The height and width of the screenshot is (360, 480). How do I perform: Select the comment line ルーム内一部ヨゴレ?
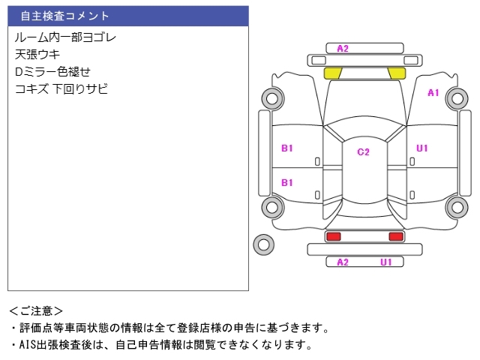point(65,37)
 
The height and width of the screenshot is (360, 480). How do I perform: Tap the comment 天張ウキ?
point(37,54)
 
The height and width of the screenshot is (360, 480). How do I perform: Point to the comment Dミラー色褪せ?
point(52,71)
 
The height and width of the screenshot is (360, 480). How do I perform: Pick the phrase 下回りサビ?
point(81,88)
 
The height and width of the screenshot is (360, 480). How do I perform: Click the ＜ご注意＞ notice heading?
point(36,310)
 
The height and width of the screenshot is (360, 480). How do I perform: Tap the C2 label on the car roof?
point(363,152)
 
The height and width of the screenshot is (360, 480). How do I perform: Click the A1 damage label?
point(433,93)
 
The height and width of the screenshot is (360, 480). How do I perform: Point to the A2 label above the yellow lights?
point(343,49)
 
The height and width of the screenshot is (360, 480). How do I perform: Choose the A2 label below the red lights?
point(343,262)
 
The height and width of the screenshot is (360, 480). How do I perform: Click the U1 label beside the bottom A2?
point(386,262)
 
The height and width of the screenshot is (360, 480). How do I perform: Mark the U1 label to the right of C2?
point(422,148)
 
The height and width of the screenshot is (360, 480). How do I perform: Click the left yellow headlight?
point(333,73)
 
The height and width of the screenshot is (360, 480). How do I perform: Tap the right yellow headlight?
point(396,73)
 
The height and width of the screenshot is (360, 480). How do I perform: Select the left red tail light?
point(333,237)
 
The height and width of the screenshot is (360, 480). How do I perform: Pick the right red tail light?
point(395,237)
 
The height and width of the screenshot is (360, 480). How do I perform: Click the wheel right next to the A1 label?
point(456,97)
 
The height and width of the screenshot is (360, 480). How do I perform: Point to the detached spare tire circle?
point(263,244)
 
